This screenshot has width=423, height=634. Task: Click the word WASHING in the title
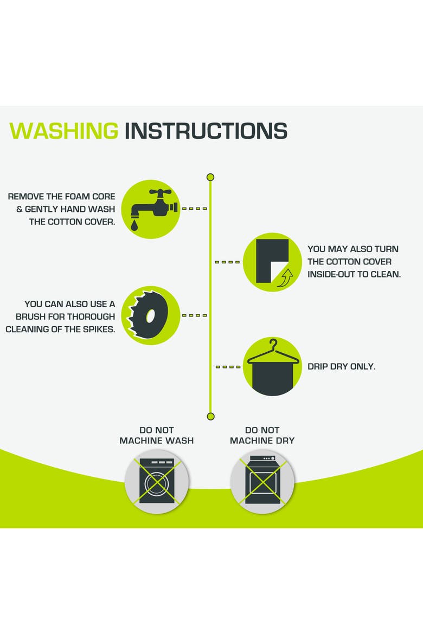click(x=63, y=131)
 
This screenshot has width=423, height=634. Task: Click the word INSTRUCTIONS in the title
click(x=206, y=131)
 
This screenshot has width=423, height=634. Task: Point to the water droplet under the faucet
click(x=134, y=225)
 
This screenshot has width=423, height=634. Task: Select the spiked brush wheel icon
click(x=148, y=315)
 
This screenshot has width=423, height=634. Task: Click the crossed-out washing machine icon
click(x=157, y=481)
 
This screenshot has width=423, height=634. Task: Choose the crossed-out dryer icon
click(x=262, y=481)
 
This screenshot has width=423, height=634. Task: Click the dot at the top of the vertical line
click(x=210, y=177)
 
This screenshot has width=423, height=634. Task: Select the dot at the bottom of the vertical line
click(x=210, y=417)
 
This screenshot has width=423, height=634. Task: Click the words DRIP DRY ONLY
click(x=341, y=366)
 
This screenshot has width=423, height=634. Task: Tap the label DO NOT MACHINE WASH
click(x=157, y=436)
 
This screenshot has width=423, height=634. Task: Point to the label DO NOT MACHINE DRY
click(x=262, y=436)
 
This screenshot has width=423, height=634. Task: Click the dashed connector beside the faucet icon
click(x=194, y=209)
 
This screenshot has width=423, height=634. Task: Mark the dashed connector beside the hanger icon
click(x=228, y=367)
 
